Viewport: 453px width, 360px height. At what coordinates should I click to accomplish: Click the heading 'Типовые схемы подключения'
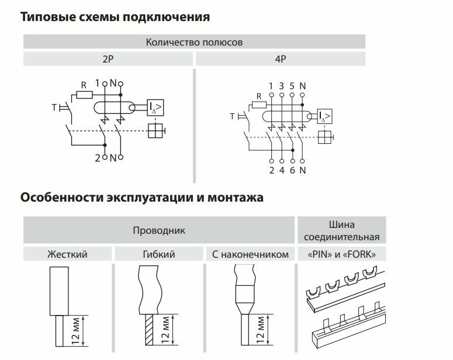pyautogui.click(x=115, y=17)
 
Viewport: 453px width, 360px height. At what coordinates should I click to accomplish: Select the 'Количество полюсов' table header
pyautogui.click(x=193, y=42)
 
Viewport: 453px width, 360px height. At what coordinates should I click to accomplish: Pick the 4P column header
pyautogui.click(x=281, y=59)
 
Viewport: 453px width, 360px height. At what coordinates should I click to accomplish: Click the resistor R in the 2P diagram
pyautogui.click(x=84, y=94)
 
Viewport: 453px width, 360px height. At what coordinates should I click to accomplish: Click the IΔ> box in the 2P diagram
pyautogui.click(x=155, y=107)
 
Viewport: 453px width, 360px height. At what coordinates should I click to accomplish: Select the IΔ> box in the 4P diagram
pyautogui.click(x=323, y=117)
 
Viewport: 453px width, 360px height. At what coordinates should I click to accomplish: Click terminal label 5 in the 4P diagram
pyautogui.click(x=292, y=86)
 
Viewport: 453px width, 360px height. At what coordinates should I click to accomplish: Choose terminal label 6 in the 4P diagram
pyautogui.click(x=292, y=171)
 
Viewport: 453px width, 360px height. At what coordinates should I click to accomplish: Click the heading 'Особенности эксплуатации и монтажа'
pyautogui.click(x=142, y=198)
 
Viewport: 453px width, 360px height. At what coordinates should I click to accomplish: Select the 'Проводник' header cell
pyautogui.click(x=160, y=230)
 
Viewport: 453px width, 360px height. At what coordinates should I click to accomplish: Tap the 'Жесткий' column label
pyautogui.click(x=68, y=255)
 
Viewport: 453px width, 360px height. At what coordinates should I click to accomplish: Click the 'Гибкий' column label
pyautogui.click(x=159, y=255)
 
